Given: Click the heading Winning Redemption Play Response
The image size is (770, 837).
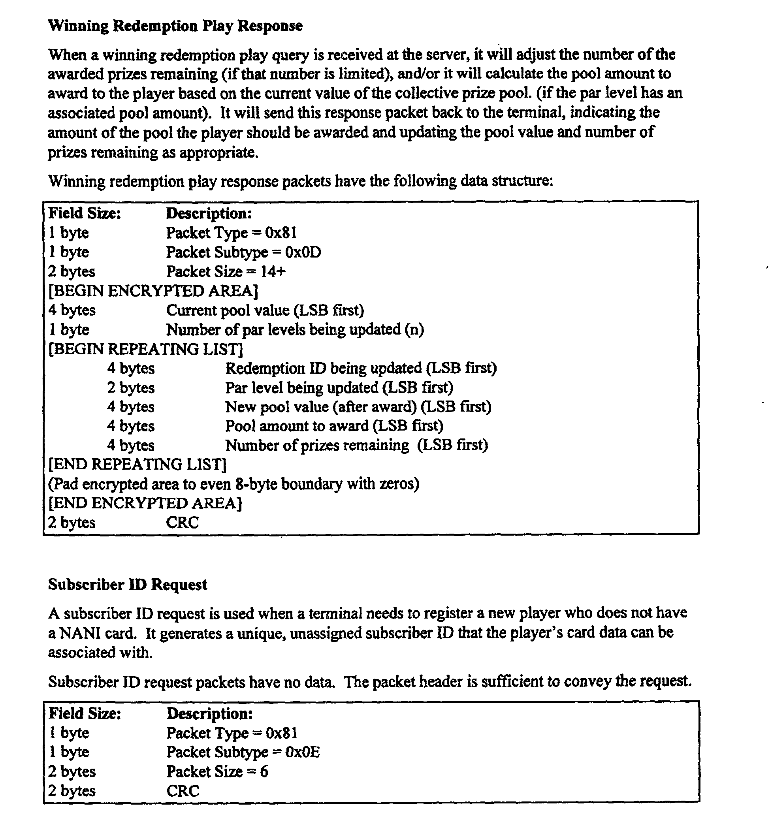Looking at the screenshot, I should (x=175, y=26).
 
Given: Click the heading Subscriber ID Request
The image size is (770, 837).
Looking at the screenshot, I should (x=128, y=585).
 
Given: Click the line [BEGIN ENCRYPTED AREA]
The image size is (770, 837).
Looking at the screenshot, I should (x=153, y=291).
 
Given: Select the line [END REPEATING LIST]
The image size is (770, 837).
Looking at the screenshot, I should (x=137, y=464).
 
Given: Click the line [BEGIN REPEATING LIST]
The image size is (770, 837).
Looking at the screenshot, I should (x=146, y=349).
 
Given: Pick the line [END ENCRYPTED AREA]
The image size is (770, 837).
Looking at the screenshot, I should (x=145, y=503).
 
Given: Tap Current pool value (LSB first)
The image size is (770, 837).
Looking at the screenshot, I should (x=265, y=310).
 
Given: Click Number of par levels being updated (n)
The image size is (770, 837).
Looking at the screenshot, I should (x=295, y=329).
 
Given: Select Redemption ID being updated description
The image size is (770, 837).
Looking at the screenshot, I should (x=361, y=368).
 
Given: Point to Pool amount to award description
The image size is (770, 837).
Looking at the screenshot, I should (x=334, y=426).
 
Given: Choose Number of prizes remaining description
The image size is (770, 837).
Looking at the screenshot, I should (x=356, y=446).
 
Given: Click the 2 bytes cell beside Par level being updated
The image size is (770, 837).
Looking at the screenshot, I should (x=130, y=387).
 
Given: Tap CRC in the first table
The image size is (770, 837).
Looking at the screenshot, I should (x=182, y=523).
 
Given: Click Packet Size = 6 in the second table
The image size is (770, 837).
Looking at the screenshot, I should (x=217, y=771).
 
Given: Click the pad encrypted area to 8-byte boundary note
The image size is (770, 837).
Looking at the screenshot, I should (x=233, y=484).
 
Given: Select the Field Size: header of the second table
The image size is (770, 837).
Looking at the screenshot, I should (x=85, y=713).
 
